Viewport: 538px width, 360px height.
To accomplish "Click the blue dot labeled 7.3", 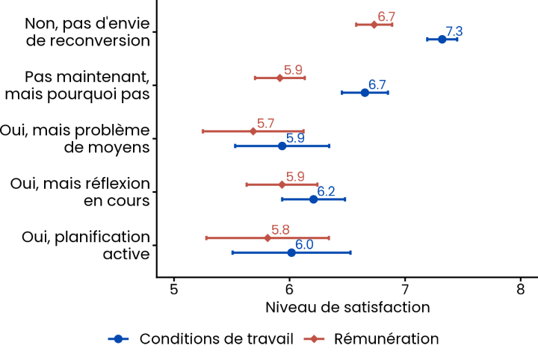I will tap(442, 39).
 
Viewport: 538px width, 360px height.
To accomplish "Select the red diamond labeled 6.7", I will tap(374, 25).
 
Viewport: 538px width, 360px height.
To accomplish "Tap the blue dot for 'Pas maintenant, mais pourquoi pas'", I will tap(365, 93).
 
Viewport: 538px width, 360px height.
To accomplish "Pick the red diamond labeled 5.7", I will tap(253, 131).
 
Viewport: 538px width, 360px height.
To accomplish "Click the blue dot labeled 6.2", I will tap(313, 199).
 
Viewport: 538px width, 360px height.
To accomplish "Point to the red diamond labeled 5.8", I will tap(268, 238).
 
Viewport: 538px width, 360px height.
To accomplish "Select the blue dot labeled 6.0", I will tap(291, 252).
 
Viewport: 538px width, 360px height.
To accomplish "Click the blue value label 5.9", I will tap(295, 138).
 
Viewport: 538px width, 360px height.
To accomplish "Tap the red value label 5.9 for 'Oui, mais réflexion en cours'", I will tap(295, 176).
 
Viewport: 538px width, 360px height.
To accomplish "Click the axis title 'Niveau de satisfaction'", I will tap(347, 307).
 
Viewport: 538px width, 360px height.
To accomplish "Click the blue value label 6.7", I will tap(377, 85).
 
